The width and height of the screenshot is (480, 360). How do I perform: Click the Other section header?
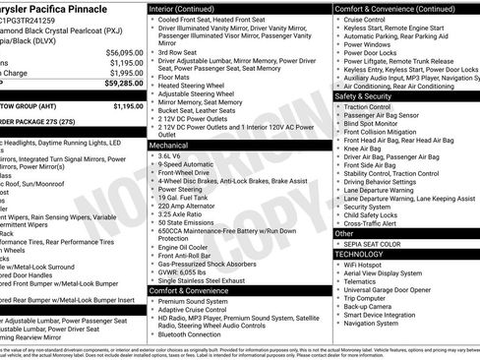tap(344, 233)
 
